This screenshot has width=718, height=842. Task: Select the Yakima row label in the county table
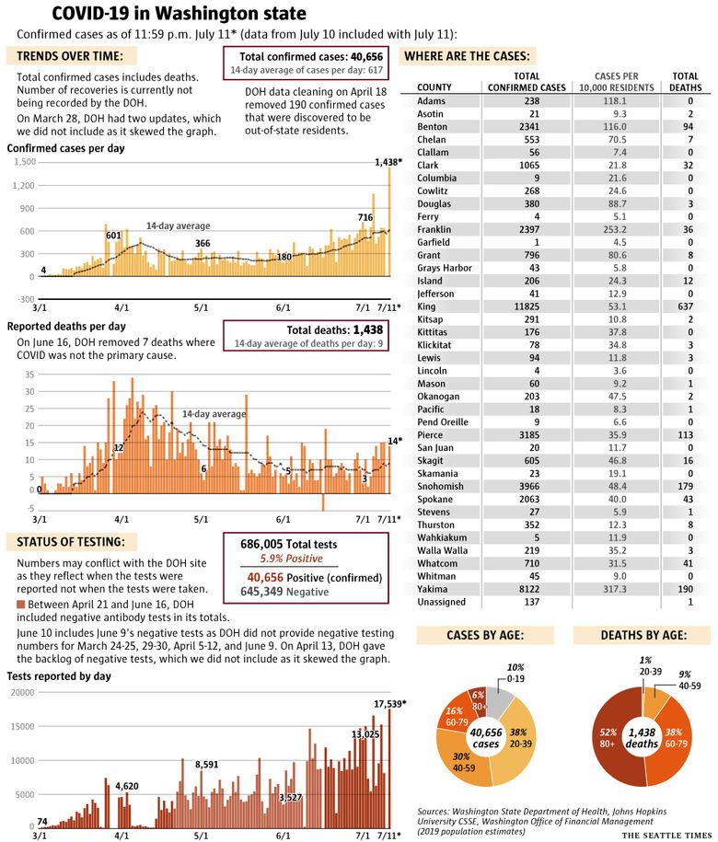pos(433,589)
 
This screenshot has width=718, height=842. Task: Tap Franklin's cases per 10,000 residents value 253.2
pos(614,229)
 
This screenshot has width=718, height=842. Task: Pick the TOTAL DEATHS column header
pos(685,82)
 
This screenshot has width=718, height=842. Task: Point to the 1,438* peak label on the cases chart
pos(388,162)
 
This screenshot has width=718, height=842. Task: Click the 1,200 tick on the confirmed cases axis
pos(24,185)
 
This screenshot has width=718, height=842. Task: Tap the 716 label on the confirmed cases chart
pos(365,217)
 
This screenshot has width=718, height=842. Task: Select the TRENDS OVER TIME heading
pos(70,56)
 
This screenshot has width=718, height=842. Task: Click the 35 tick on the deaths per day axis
pos(29,375)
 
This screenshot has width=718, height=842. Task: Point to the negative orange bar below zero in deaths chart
pos(323,502)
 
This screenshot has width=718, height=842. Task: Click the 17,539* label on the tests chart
pos(390,703)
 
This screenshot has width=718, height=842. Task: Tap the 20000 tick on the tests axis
pos(23,692)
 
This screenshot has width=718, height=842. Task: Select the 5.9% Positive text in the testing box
pos(292,559)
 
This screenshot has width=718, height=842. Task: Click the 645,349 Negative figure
pos(284,592)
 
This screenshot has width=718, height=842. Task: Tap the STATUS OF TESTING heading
pos(71,542)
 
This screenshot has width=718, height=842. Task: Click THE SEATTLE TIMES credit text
pos(667,835)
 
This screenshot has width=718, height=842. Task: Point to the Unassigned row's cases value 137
pos(532,602)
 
